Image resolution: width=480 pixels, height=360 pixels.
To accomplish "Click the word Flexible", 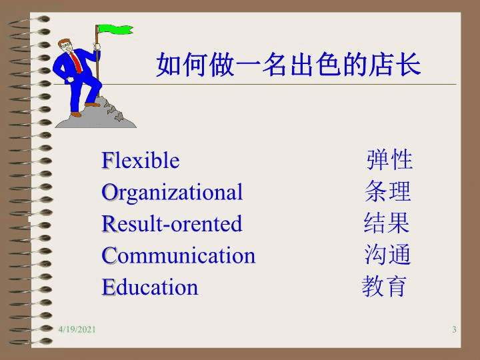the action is click(x=141, y=160).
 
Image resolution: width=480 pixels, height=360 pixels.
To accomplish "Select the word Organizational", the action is click(x=172, y=193).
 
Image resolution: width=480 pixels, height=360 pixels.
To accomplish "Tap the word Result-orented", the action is click(x=172, y=223).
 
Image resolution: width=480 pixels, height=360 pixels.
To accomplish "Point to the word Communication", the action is click(x=179, y=255).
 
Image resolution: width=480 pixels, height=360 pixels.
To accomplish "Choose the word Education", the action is click(x=150, y=287).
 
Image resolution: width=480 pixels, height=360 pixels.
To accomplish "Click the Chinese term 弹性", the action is click(x=389, y=160).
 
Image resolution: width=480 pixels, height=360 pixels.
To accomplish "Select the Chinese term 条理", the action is click(x=387, y=191).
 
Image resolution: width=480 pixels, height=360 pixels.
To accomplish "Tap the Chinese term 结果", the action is click(x=387, y=223).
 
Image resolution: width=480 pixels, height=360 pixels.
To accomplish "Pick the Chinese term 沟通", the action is click(x=387, y=254).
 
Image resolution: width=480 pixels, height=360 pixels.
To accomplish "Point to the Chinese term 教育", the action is click(x=384, y=286).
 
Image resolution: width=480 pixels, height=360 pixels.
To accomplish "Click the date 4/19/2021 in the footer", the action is click(x=77, y=329).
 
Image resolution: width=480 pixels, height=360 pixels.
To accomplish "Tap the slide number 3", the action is click(x=454, y=329).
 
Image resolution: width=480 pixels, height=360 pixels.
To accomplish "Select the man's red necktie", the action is click(x=76, y=63).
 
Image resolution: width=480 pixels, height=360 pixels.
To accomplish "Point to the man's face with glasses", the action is click(x=65, y=46).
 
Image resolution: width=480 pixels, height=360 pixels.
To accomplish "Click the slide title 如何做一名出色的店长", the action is click(x=289, y=65).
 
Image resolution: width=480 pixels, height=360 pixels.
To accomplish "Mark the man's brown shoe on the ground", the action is click(x=75, y=115).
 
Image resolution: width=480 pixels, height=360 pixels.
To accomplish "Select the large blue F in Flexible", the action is click(x=107, y=160).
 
